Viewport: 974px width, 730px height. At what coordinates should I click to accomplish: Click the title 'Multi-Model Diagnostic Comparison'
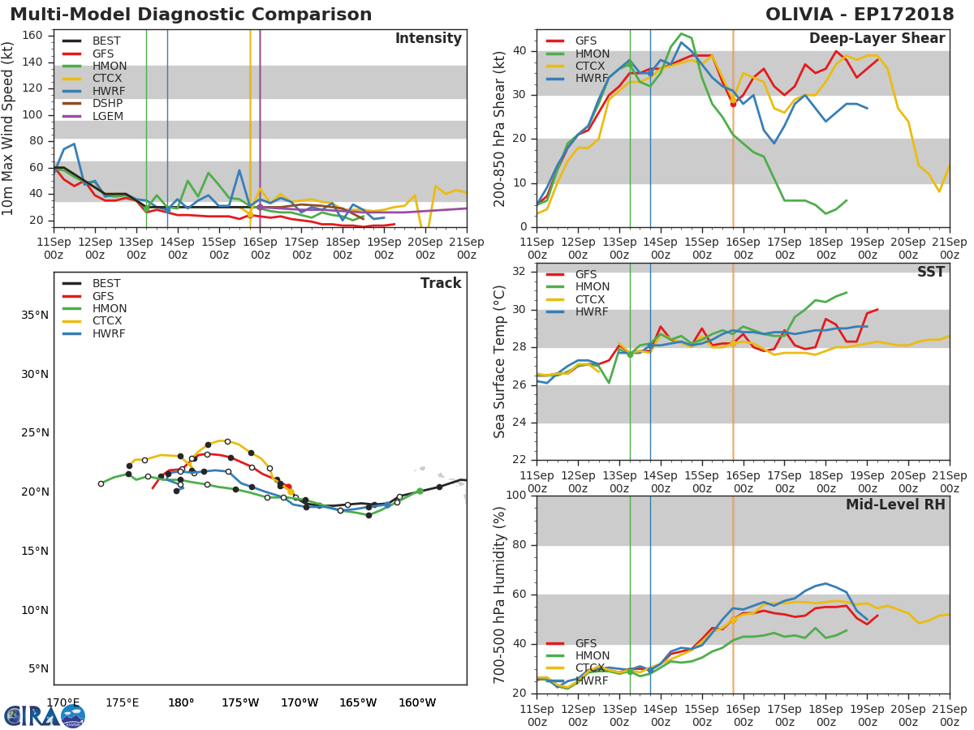click(191, 15)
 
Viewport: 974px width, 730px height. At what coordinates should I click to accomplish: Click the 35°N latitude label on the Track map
click(35, 315)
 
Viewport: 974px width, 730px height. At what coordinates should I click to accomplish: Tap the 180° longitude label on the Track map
click(180, 702)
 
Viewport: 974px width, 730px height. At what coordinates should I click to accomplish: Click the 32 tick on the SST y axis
click(518, 272)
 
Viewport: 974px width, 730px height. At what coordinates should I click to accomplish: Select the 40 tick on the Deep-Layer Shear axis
click(518, 51)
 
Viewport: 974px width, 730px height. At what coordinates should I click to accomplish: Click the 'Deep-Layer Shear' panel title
click(877, 39)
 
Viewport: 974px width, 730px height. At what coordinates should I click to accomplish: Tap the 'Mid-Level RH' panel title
click(895, 505)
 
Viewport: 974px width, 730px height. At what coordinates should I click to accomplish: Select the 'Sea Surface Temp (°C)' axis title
click(500, 362)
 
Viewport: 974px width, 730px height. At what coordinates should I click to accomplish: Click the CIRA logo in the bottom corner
click(45, 715)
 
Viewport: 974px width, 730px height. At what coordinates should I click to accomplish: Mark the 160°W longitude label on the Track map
click(417, 702)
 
